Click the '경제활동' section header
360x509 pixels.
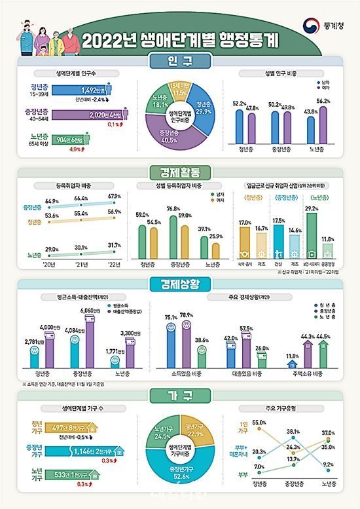point(179,174)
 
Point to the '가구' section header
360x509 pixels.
point(179,395)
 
